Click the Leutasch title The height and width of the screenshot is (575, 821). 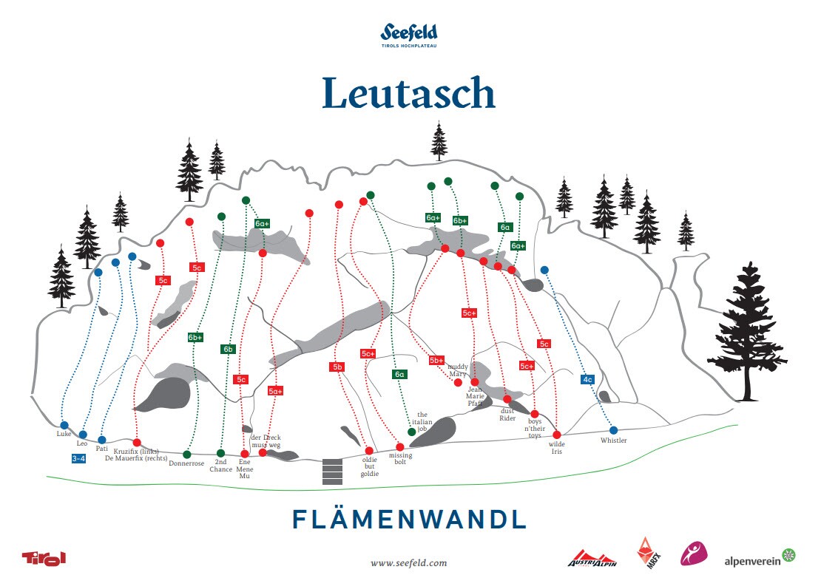408,94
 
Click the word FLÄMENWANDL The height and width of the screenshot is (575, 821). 409,519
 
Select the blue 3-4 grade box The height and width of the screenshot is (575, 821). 78,458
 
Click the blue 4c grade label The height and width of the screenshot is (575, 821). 588,379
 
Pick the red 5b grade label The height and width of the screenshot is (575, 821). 337,367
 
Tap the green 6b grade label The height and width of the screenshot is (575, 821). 228,349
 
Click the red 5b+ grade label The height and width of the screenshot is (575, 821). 436,360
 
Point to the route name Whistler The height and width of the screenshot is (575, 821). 613,440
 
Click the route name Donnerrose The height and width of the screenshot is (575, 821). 186,464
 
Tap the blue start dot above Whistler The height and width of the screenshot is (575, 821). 613,430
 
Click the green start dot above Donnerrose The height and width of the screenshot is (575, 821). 186,454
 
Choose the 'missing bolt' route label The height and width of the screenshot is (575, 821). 400,460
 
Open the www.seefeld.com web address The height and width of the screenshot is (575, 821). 409,562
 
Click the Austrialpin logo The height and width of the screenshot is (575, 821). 592,559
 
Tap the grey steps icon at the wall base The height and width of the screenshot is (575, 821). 333,472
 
